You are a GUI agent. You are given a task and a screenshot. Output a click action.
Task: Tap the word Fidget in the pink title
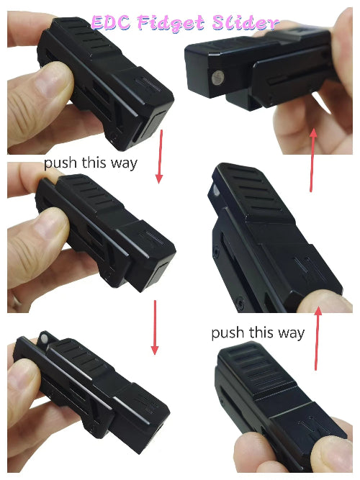(176, 24)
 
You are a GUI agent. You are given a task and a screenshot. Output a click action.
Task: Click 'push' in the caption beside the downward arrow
(60, 163)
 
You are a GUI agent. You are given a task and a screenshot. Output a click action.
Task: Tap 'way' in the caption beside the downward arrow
(123, 163)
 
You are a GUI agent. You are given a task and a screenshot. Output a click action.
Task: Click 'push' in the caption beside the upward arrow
(228, 332)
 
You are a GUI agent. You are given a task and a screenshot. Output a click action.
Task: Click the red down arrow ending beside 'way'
(160, 157)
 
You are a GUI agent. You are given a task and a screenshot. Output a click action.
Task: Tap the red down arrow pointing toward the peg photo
(154, 327)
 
